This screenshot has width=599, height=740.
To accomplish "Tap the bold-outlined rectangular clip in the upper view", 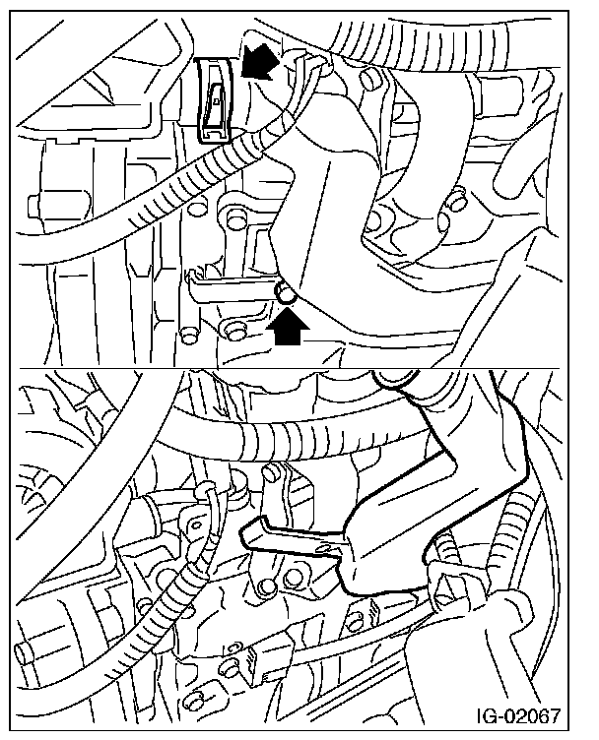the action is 213,99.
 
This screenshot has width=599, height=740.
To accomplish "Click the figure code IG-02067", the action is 517,715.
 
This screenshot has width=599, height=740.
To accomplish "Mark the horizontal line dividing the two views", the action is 289,368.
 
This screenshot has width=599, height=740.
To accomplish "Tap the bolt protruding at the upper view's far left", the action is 33,207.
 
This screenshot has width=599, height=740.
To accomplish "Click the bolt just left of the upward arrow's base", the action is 232,330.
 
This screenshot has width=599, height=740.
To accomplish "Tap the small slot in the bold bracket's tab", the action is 326,548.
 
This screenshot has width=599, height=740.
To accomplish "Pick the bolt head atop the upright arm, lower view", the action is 270,473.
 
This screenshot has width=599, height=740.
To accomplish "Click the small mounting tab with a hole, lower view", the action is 195,524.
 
